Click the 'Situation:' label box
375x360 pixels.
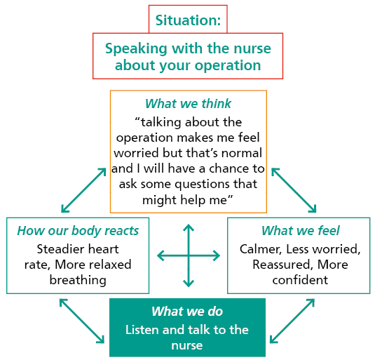click(x=188, y=20)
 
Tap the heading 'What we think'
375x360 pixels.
click(x=188, y=104)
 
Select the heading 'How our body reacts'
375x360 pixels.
click(x=78, y=231)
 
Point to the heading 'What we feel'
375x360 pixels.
click(x=300, y=231)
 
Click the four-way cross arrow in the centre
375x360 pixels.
click(x=188, y=255)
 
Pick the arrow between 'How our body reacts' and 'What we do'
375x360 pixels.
click(x=83, y=321)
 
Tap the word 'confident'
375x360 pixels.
click(x=299, y=280)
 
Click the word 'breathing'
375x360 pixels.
click(x=78, y=280)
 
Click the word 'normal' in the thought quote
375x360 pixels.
click(x=242, y=153)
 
